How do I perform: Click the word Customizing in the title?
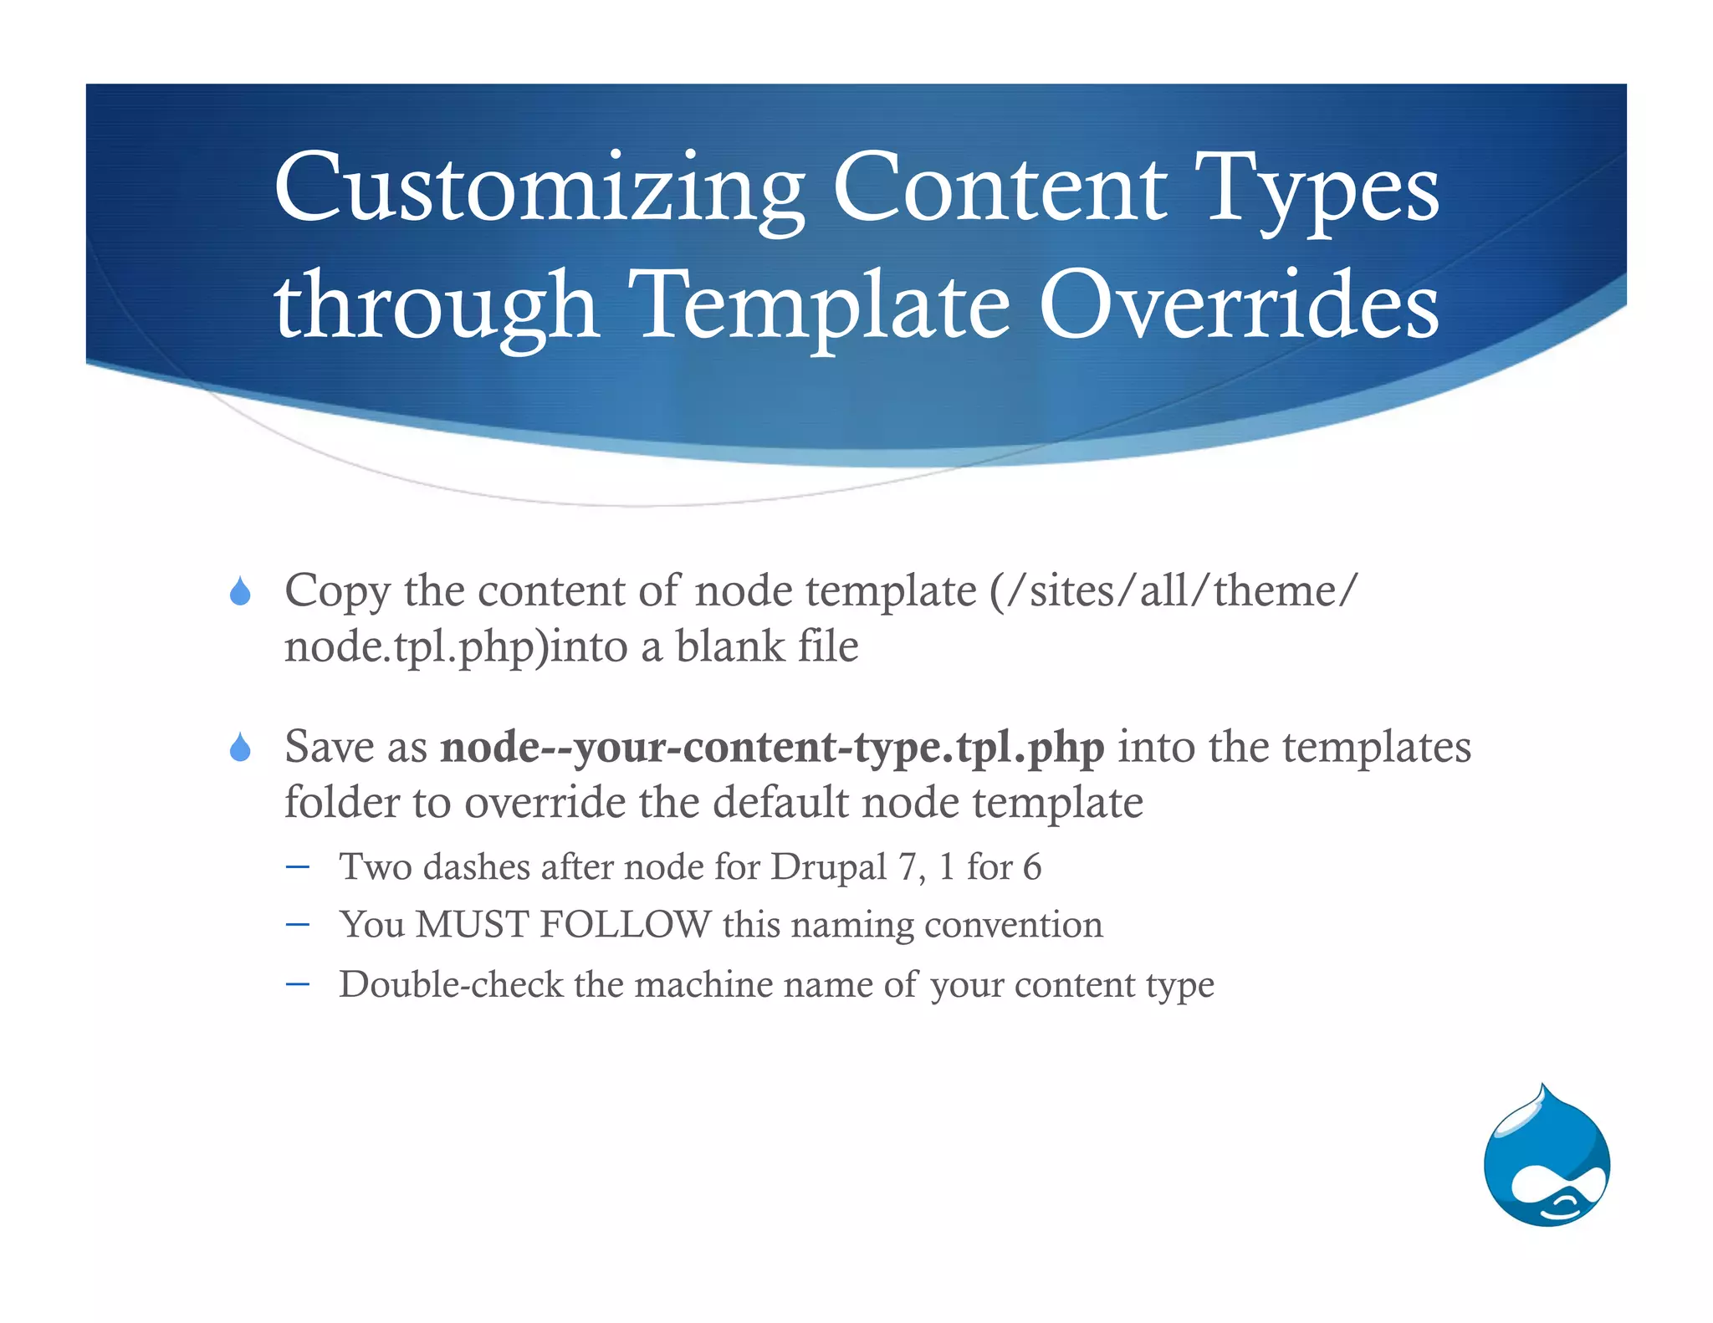coord(539,189)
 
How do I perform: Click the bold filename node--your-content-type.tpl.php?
coord(772,747)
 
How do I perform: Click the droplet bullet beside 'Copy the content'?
coord(240,592)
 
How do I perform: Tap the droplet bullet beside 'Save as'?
coord(240,748)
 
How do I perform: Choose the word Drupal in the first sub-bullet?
coord(828,867)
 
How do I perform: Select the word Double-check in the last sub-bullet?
coord(451,984)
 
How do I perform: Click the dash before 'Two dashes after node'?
coord(297,866)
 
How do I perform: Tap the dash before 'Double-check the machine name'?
coord(297,983)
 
